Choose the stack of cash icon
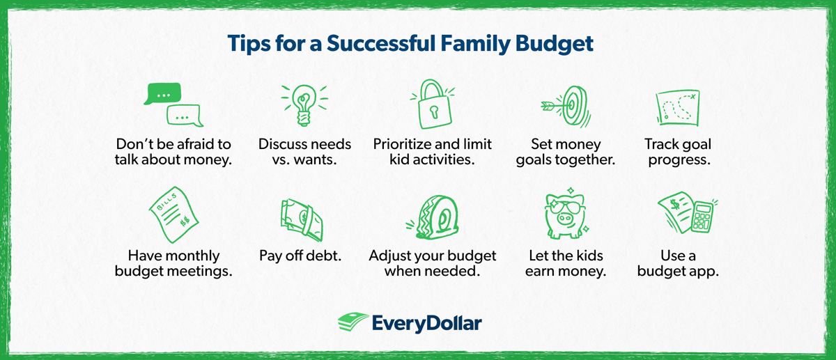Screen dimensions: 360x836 [x=302, y=218]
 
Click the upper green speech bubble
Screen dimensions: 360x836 [x=162, y=93]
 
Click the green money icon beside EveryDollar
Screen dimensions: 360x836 [x=354, y=322]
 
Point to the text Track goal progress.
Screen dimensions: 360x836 [x=677, y=152]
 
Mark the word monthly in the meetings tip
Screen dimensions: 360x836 [x=195, y=256]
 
